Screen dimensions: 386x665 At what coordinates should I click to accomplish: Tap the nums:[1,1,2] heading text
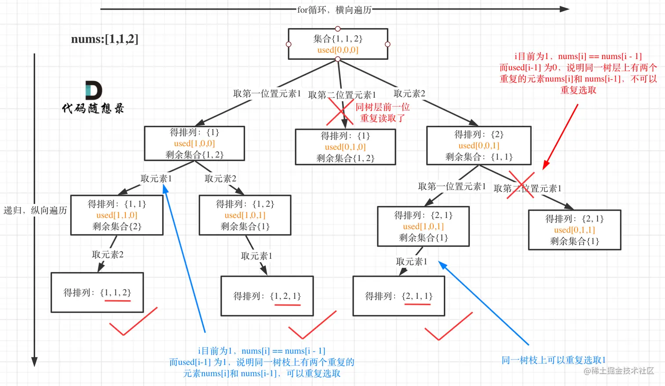click(105, 39)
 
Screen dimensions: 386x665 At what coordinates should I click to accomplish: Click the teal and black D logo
click(93, 90)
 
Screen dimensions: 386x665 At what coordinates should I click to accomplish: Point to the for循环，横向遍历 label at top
click(334, 9)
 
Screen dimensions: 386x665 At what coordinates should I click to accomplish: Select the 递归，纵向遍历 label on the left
click(35, 210)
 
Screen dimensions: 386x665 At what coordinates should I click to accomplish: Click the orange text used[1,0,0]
click(194, 143)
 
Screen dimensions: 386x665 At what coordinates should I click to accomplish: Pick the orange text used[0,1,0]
click(345, 147)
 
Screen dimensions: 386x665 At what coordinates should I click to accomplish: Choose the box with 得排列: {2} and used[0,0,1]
click(479, 145)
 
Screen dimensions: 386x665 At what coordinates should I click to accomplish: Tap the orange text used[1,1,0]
click(117, 215)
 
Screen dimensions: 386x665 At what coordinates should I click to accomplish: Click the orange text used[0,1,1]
click(574, 230)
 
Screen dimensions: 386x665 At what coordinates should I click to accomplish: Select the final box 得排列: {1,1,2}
click(97, 292)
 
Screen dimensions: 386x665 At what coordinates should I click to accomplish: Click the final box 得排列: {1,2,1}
click(267, 296)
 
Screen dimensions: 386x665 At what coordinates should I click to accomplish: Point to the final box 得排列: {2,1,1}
click(399, 296)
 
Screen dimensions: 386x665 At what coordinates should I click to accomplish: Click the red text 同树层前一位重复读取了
click(382, 113)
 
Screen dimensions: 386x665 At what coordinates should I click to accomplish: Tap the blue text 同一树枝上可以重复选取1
click(554, 360)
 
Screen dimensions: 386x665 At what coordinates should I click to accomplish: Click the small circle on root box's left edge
click(289, 44)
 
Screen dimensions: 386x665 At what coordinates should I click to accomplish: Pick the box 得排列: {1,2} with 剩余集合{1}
click(245, 215)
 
